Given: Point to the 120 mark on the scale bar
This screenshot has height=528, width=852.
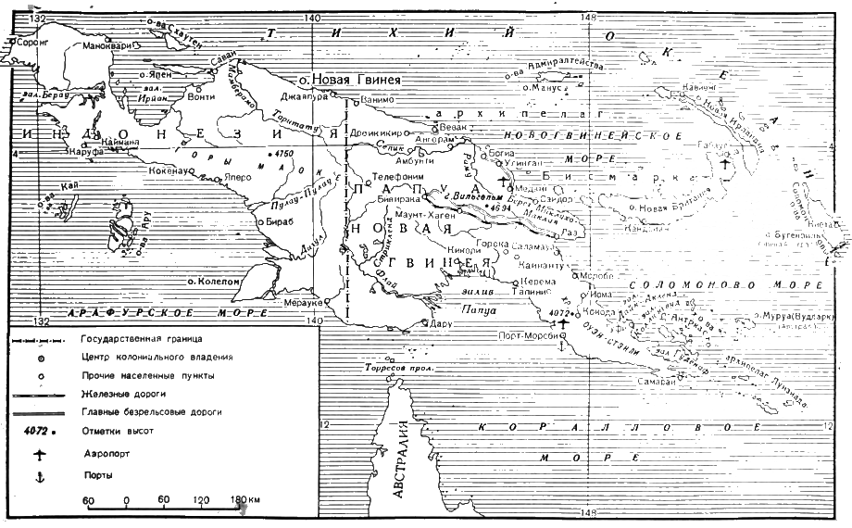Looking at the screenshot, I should (x=199, y=500).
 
